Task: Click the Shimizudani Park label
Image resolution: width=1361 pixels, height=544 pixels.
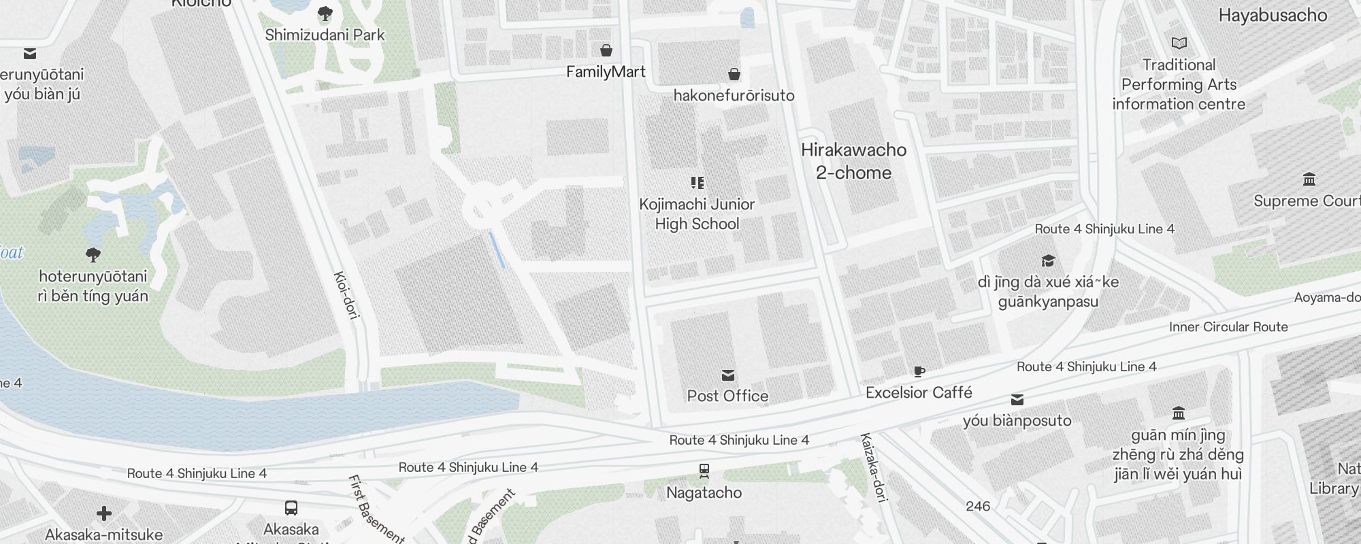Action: tap(325, 35)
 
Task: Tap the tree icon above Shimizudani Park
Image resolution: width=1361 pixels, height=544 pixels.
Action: tap(325, 13)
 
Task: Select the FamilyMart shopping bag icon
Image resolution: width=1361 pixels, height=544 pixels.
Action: tap(606, 50)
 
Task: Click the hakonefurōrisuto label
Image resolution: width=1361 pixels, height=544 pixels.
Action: tap(734, 95)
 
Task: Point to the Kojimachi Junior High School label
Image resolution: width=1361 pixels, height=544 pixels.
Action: tap(697, 214)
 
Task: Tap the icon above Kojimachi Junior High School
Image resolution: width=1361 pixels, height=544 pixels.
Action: tap(697, 182)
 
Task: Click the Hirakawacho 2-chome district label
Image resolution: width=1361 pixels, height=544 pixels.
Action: tap(853, 161)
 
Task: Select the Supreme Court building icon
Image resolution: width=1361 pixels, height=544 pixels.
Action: tap(1309, 180)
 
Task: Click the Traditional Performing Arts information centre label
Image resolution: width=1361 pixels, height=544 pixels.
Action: tap(1179, 84)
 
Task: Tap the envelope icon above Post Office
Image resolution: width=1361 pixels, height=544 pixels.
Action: tap(727, 375)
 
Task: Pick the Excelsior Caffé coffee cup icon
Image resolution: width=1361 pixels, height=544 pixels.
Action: tap(919, 371)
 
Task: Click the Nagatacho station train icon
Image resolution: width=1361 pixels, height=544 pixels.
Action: tap(704, 471)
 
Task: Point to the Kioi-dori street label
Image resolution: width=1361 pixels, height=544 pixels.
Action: tap(346, 294)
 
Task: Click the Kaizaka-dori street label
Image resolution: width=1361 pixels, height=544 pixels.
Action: tap(874, 467)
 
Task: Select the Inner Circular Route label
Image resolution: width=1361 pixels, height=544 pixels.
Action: tap(1228, 327)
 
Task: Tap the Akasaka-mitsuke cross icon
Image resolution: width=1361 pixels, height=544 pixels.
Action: tap(103, 513)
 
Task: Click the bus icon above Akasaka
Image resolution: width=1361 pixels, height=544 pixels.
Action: tap(291, 508)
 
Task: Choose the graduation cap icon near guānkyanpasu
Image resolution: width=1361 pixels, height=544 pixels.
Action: tap(1048, 261)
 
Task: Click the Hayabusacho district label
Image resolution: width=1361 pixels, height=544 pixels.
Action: tap(1272, 16)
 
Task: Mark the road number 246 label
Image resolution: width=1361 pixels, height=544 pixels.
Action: tap(978, 506)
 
